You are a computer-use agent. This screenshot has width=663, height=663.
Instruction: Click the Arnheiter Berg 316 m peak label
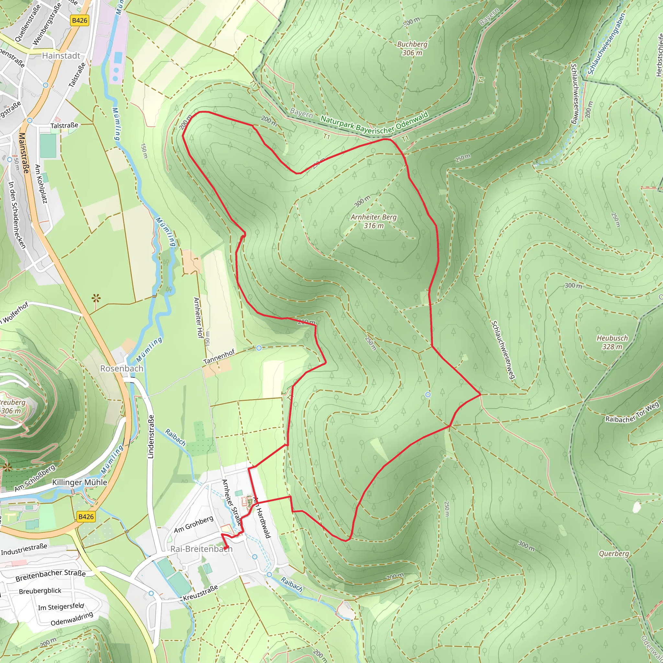373,221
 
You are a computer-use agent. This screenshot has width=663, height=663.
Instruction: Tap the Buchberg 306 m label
412,48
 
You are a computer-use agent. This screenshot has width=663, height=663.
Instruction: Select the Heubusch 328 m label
612,342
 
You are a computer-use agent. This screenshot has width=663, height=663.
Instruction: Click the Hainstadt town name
61,56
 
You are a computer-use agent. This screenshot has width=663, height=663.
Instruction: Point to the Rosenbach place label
121,368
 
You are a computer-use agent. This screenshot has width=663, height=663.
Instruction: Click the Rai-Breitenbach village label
201,549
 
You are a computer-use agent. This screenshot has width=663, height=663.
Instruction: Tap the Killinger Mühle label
80,482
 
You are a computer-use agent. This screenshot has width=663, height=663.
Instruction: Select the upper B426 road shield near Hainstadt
80,20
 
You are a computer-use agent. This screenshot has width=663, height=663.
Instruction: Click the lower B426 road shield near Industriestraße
86,516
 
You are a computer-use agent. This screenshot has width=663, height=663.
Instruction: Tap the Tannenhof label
219,357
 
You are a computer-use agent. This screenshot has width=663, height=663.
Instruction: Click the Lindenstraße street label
150,436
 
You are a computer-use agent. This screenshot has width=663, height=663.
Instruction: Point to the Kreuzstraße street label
200,593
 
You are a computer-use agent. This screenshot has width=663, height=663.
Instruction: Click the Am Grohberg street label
194,524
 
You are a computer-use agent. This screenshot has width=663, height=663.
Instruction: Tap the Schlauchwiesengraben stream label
606,43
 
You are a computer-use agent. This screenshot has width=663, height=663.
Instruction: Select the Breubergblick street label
40,591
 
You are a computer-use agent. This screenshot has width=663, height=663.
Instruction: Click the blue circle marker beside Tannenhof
259,348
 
